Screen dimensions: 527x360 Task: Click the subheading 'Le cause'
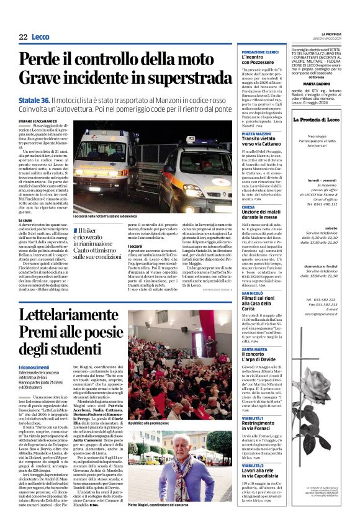tap(25, 220)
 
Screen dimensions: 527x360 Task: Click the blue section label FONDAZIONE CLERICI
tap(259, 52)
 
